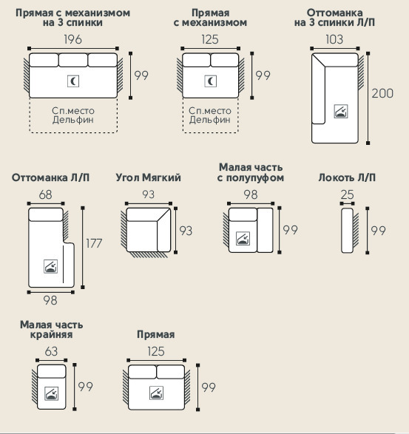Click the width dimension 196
tap(72, 39)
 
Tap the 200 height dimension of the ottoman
tap(382, 93)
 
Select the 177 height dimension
tap(94, 243)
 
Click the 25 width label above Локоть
tap(348, 194)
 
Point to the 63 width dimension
tap(51, 351)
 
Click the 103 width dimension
tap(334, 39)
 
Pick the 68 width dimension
tap(45, 194)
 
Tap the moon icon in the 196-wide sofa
tap(73, 81)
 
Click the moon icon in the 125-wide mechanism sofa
tap(211, 81)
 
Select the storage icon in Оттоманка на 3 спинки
tap(341, 111)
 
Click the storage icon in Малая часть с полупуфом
tap(243, 238)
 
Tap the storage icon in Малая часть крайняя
tap(52, 393)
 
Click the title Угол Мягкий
tap(148, 177)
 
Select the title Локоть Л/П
tap(347, 177)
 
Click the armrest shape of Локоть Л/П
tap(348, 231)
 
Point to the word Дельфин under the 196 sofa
tap(73, 120)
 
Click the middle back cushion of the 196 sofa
tap(73, 60)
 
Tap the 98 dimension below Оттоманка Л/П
tap(50, 300)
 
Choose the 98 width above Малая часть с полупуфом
tap(251, 194)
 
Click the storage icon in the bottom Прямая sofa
tap(157, 393)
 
